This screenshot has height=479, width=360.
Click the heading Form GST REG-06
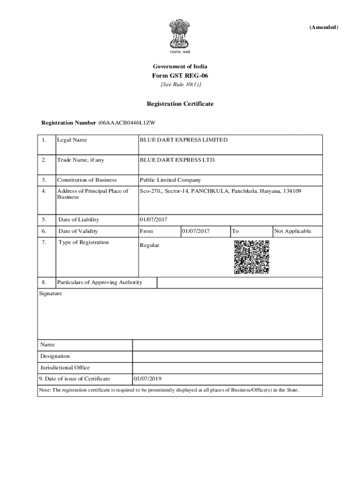(180, 76)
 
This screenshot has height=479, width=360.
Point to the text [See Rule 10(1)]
(180, 85)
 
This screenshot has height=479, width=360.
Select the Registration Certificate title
(180, 104)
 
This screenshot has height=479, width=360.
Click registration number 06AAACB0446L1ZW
(127, 123)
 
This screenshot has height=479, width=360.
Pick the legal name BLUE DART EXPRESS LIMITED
(184, 140)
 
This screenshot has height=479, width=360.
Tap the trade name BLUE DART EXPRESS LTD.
(178, 160)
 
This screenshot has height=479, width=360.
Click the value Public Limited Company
(170, 180)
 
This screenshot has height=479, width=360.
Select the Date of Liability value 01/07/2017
(153, 220)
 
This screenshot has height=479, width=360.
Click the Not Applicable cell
(292, 231)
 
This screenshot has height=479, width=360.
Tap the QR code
(252, 257)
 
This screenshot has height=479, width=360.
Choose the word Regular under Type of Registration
(150, 245)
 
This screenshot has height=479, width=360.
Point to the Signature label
(50, 294)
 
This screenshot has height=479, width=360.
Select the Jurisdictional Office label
(65, 368)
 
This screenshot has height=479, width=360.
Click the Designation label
(55, 356)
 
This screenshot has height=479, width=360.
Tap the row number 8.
(43, 283)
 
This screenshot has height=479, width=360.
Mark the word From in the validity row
(146, 231)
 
